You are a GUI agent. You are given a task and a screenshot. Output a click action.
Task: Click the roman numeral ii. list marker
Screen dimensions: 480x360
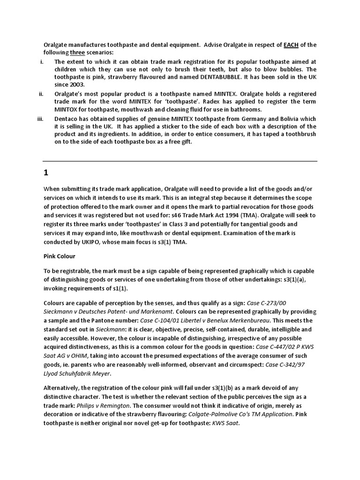pos(41,94)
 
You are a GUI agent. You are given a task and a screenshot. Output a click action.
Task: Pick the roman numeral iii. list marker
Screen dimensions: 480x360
pos(40,119)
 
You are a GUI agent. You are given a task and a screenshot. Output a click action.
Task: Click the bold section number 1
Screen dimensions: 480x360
pos(46,172)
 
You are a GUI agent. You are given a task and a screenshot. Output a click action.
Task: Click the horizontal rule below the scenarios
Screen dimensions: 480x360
pos(180,161)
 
